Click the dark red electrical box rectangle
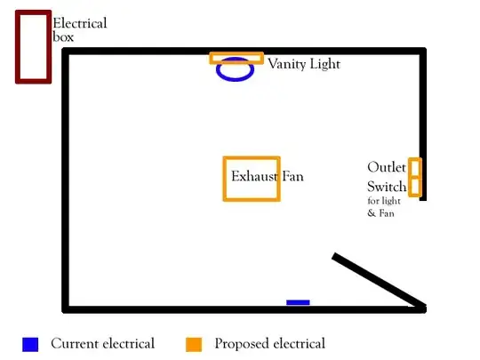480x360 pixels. pyautogui.click(x=18, y=46)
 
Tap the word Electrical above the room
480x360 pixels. pyautogui.click(x=80, y=23)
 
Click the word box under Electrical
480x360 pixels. pyautogui.click(x=63, y=36)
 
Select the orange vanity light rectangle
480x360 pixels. pyautogui.click(x=236, y=54)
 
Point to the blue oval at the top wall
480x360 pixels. pyautogui.click(x=235, y=79)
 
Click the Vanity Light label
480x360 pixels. pyautogui.click(x=304, y=64)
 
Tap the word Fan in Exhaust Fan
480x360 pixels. pyautogui.click(x=292, y=176)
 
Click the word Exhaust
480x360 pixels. pyautogui.click(x=255, y=176)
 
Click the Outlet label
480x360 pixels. pyautogui.click(x=387, y=167)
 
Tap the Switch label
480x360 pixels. pyautogui.click(x=387, y=187)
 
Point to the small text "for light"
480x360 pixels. pyautogui.click(x=384, y=201)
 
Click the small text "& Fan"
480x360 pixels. pyautogui.click(x=380, y=212)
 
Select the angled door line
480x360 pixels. pyautogui.click(x=379, y=279)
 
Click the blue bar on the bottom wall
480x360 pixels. pyautogui.click(x=298, y=302)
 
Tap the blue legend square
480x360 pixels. pyautogui.click(x=30, y=344)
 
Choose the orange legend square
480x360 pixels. pyautogui.click(x=194, y=344)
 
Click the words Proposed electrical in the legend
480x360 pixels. pyautogui.click(x=269, y=344)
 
